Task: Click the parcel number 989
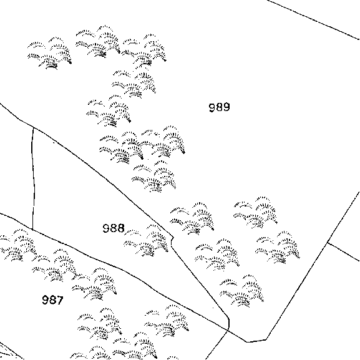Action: coord(219,107)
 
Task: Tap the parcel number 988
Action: coord(114,228)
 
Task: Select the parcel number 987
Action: coord(52,300)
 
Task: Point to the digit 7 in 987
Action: coord(60,300)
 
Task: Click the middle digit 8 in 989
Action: coord(219,107)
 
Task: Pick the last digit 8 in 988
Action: coord(120,228)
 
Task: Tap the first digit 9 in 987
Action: coord(46,300)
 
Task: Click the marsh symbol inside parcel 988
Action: coord(146,240)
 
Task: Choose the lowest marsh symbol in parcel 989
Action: coord(241,291)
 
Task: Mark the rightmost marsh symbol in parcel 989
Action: coord(278,248)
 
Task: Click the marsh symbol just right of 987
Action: coord(94,285)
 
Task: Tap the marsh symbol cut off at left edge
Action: coord(17,245)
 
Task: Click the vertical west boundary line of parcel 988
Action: coord(34,179)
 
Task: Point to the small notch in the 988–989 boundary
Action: coord(172,240)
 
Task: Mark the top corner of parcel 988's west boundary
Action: coord(34,128)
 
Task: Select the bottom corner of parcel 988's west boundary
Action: coord(32,230)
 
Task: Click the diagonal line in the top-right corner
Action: coord(313,19)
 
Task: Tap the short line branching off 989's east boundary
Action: coord(344,252)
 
